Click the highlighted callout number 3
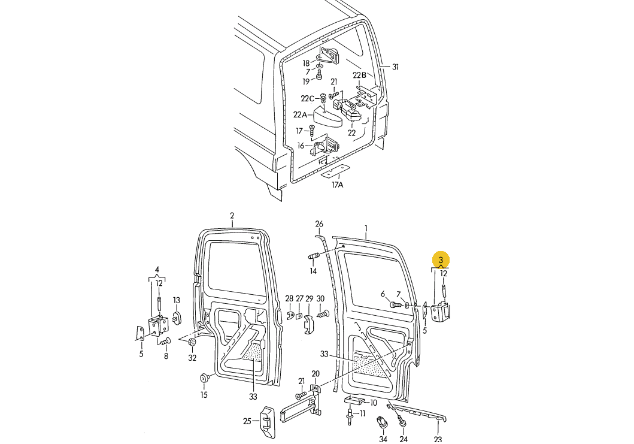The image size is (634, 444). point(441,260)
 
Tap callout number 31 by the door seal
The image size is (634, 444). point(395,67)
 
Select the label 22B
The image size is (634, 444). point(359,75)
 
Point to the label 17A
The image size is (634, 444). point(338,185)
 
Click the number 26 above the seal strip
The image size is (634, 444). point(319,224)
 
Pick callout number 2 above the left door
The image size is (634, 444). point(232,216)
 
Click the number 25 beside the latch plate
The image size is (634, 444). point(247,421)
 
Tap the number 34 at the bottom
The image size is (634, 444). point(383,439)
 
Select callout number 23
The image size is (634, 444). point(438,439)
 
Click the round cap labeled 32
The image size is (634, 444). point(193,343)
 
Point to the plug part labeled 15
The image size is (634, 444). point(205,378)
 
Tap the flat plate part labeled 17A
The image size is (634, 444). point(333,172)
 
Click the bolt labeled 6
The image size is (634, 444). point(396,305)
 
